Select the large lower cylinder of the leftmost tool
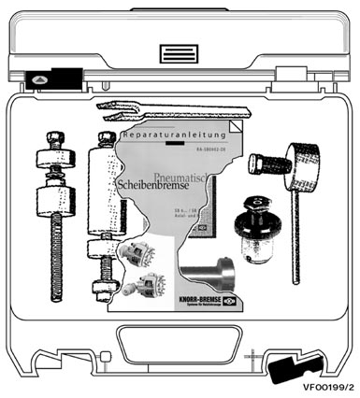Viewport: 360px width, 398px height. (x=56, y=201)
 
